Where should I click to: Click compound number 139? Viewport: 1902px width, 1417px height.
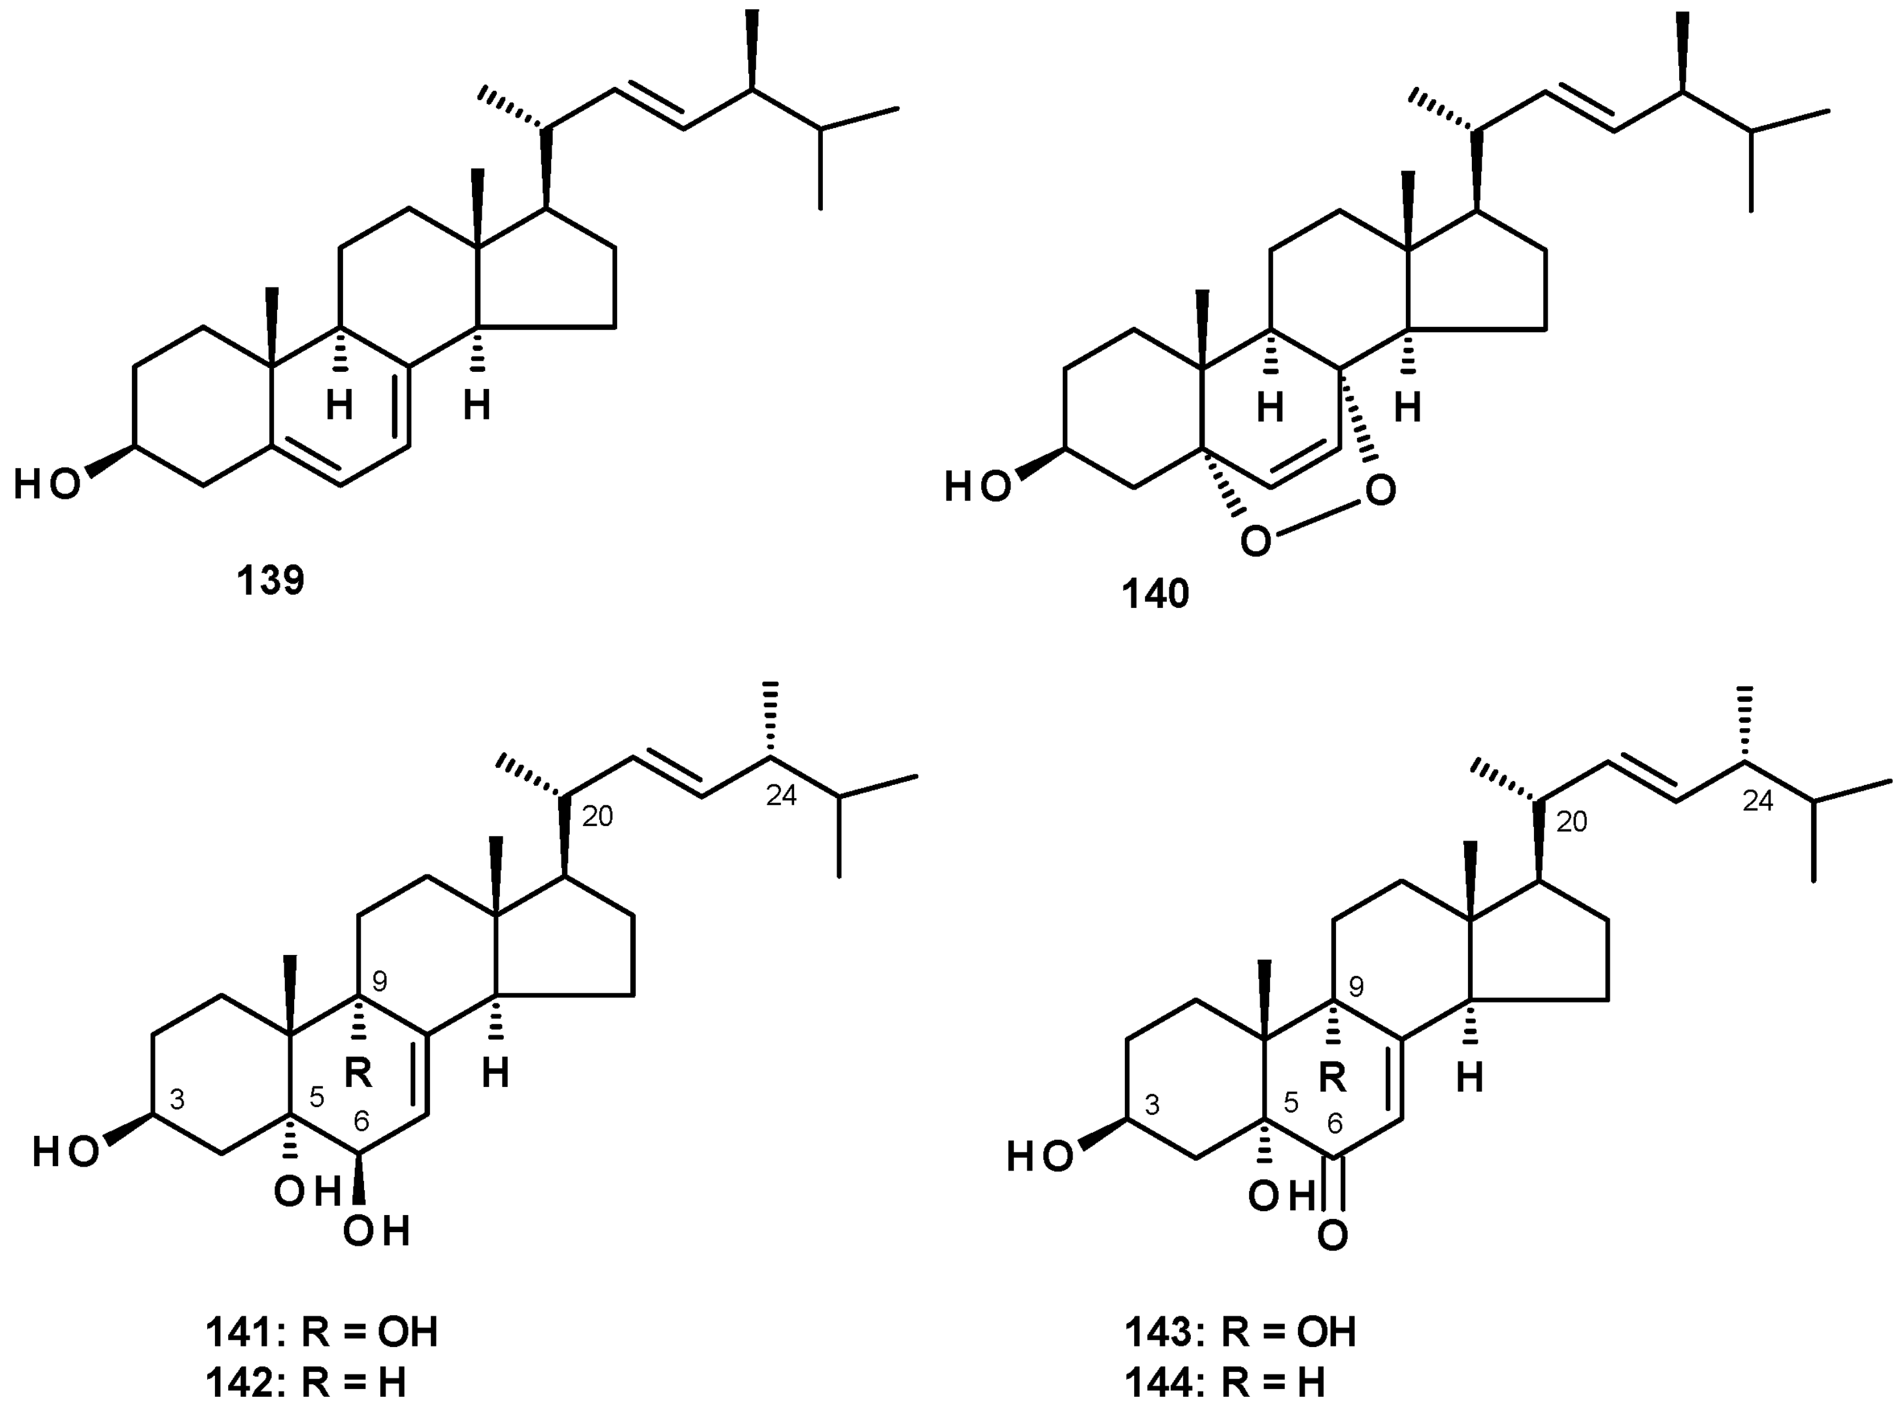click(271, 580)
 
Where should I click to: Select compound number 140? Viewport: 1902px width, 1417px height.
click(1156, 593)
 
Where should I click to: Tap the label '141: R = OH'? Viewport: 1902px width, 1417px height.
click(322, 1332)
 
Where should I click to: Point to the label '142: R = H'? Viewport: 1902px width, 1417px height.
click(305, 1383)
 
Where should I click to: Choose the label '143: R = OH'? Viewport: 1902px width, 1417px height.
click(1241, 1332)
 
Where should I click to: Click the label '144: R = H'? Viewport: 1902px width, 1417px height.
click(1226, 1383)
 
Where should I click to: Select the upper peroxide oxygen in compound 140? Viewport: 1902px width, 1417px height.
click(1380, 491)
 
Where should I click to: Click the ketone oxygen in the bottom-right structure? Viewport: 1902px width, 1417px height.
click(1332, 1236)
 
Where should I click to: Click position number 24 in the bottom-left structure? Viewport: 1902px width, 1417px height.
click(780, 796)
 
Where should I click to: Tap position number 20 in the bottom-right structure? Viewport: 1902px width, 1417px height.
click(1571, 822)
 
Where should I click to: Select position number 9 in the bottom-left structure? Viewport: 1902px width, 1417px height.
click(380, 980)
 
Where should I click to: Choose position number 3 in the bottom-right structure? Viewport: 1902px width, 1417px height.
click(1152, 1105)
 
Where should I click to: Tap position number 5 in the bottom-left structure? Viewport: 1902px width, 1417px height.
click(316, 1099)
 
